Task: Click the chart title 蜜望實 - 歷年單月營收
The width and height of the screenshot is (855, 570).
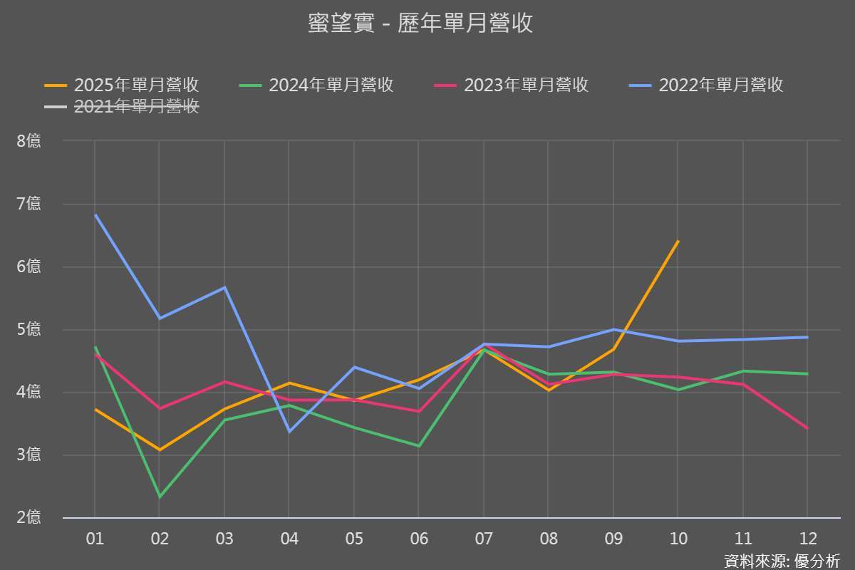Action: click(x=420, y=24)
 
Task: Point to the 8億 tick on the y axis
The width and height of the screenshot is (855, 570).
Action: click(x=29, y=140)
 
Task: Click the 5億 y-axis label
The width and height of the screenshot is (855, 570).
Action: click(x=29, y=329)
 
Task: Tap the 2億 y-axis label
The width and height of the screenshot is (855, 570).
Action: click(x=29, y=517)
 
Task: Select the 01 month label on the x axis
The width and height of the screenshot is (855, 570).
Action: click(x=95, y=539)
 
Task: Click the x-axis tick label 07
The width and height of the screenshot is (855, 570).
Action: click(x=484, y=539)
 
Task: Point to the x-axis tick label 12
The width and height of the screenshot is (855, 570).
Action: click(x=807, y=539)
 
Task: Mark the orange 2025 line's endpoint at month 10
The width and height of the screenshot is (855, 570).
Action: click(x=678, y=242)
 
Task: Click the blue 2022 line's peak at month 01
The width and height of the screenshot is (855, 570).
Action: click(x=95, y=215)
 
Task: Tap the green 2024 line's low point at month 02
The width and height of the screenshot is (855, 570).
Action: click(x=160, y=497)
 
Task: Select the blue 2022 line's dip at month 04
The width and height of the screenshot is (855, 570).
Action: click(x=289, y=432)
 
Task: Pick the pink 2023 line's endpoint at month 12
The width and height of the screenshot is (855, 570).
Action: click(x=807, y=428)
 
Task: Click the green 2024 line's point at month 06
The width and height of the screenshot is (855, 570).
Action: click(x=419, y=446)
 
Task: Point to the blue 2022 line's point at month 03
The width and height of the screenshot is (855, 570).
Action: click(x=224, y=288)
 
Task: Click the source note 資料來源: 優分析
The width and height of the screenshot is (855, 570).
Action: click(x=782, y=560)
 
